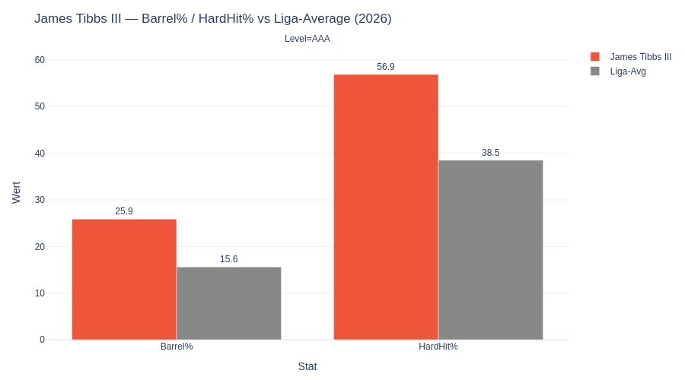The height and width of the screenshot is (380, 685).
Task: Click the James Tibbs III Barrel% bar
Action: tap(124, 279)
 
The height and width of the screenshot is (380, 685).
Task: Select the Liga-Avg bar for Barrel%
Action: tap(228, 303)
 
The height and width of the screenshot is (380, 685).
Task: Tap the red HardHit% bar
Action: tap(386, 207)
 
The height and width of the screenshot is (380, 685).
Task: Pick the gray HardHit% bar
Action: tap(490, 250)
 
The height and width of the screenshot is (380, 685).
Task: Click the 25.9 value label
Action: tap(124, 211)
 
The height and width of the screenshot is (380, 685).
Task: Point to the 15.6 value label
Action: tap(228, 259)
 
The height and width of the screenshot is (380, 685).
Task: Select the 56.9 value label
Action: tap(386, 67)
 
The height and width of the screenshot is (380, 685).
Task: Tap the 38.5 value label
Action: tap(490, 153)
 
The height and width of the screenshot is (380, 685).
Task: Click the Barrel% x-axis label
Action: tap(177, 347)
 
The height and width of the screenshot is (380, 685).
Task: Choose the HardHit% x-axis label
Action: tap(438, 347)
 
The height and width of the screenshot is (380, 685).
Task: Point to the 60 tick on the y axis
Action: tap(40, 60)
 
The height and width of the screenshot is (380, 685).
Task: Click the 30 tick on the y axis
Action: tap(40, 200)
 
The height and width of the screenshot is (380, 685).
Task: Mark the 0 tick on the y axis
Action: tap(42, 340)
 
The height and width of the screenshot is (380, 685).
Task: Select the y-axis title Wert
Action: tap(16, 192)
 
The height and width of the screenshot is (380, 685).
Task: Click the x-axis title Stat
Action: tap(307, 366)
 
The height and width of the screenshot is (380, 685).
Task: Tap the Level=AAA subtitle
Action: tap(307, 39)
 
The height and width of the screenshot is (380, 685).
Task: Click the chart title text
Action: tap(212, 18)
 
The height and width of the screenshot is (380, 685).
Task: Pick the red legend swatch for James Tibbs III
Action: tap(595, 56)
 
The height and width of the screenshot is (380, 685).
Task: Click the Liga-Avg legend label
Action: tap(628, 71)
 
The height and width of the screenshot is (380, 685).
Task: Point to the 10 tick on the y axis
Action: tap(40, 293)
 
